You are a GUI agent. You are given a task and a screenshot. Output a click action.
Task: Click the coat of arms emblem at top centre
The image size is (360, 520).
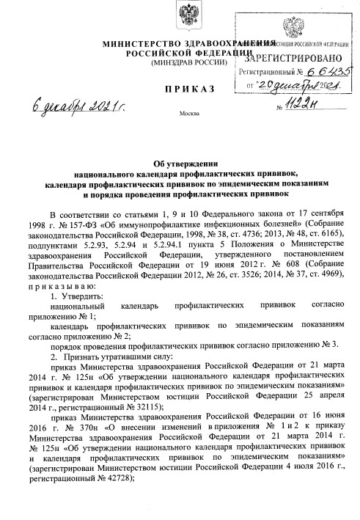coord(180,17)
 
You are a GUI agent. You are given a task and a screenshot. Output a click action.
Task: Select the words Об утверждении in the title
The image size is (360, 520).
coord(180,164)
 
